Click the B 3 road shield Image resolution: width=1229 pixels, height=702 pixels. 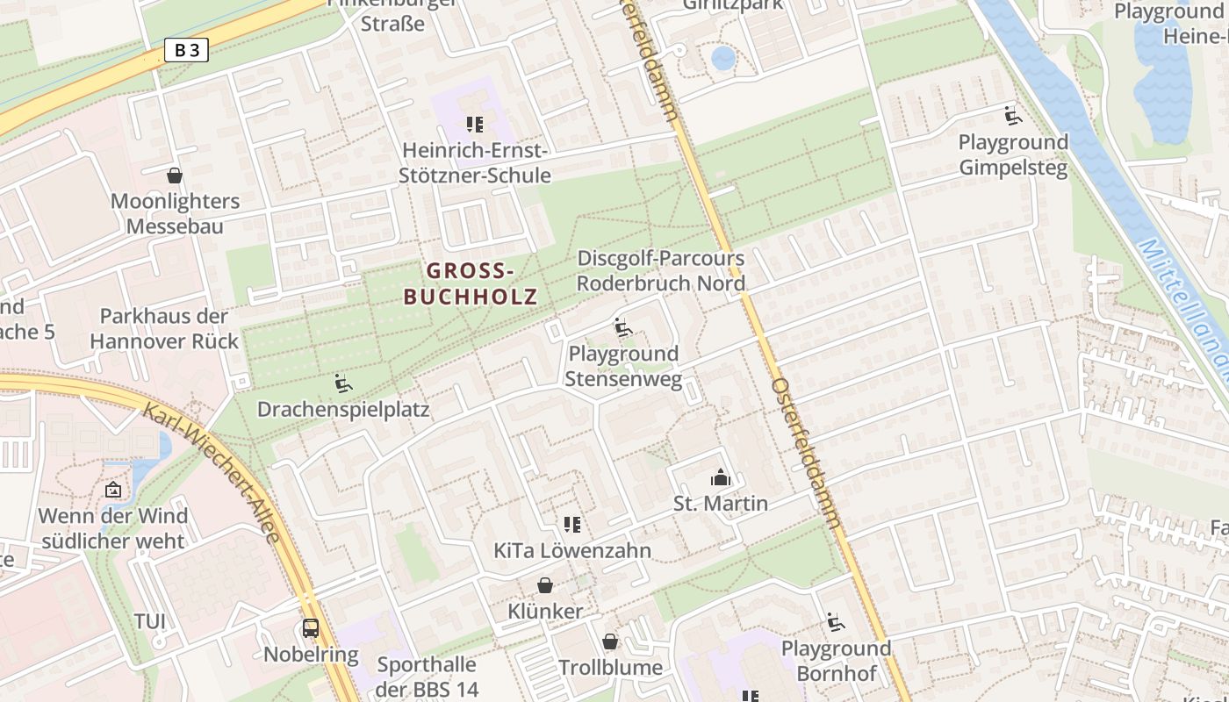click(186, 50)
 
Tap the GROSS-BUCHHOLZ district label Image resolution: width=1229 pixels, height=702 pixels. click(470, 283)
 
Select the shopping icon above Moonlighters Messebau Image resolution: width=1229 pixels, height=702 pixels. click(175, 175)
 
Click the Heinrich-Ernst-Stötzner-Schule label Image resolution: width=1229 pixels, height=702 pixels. click(475, 162)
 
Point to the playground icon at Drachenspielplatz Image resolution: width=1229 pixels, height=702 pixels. click(342, 383)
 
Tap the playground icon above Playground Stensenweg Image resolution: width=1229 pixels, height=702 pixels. click(622, 327)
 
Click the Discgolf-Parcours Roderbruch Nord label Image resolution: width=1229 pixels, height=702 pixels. click(660, 271)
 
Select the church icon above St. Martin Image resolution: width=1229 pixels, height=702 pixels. click(720, 478)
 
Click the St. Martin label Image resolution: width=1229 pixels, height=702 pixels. click(720, 504)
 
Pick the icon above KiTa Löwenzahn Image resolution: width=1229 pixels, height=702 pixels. click(572, 525)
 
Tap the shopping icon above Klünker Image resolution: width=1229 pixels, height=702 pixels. click(545, 585)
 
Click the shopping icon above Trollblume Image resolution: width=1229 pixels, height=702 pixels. click(610, 641)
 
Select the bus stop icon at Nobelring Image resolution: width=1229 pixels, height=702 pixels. click(311, 628)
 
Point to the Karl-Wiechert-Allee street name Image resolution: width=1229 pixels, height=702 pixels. click(215, 474)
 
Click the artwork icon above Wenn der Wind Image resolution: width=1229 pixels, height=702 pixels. click(112, 490)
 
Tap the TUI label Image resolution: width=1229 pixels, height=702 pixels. click(149, 621)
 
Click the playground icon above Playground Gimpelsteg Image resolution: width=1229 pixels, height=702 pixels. click(1013, 116)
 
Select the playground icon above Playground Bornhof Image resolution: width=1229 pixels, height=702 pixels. click(835, 623)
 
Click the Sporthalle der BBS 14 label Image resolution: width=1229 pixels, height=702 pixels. click(427, 677)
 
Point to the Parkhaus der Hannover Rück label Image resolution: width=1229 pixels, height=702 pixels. click(164, 328)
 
